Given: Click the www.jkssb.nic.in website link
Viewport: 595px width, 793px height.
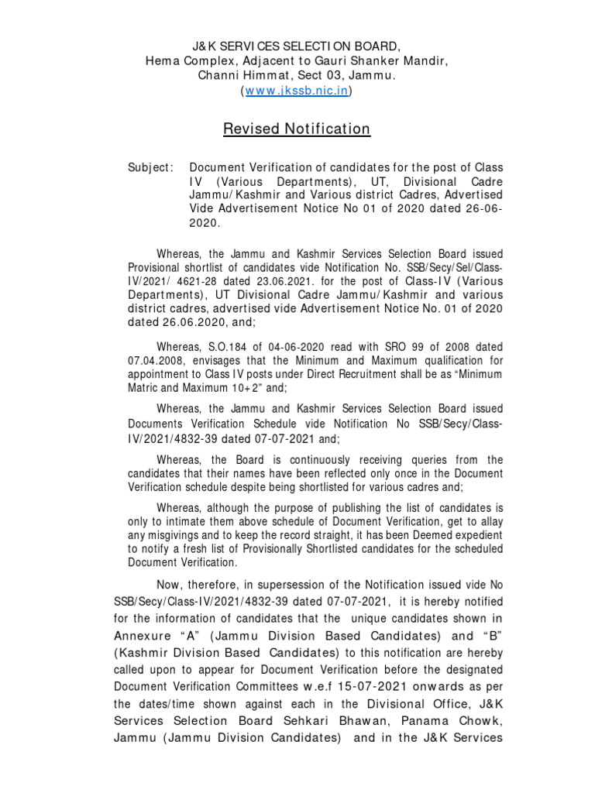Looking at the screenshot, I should click(x=297, y=91).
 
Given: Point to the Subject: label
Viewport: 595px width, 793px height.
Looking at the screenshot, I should click(x=150, y=168).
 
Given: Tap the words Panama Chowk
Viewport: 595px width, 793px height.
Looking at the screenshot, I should click(x=450, y=720).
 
